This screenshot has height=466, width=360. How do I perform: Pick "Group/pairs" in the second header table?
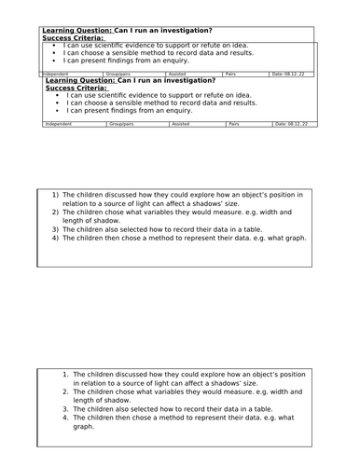(123, 122)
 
